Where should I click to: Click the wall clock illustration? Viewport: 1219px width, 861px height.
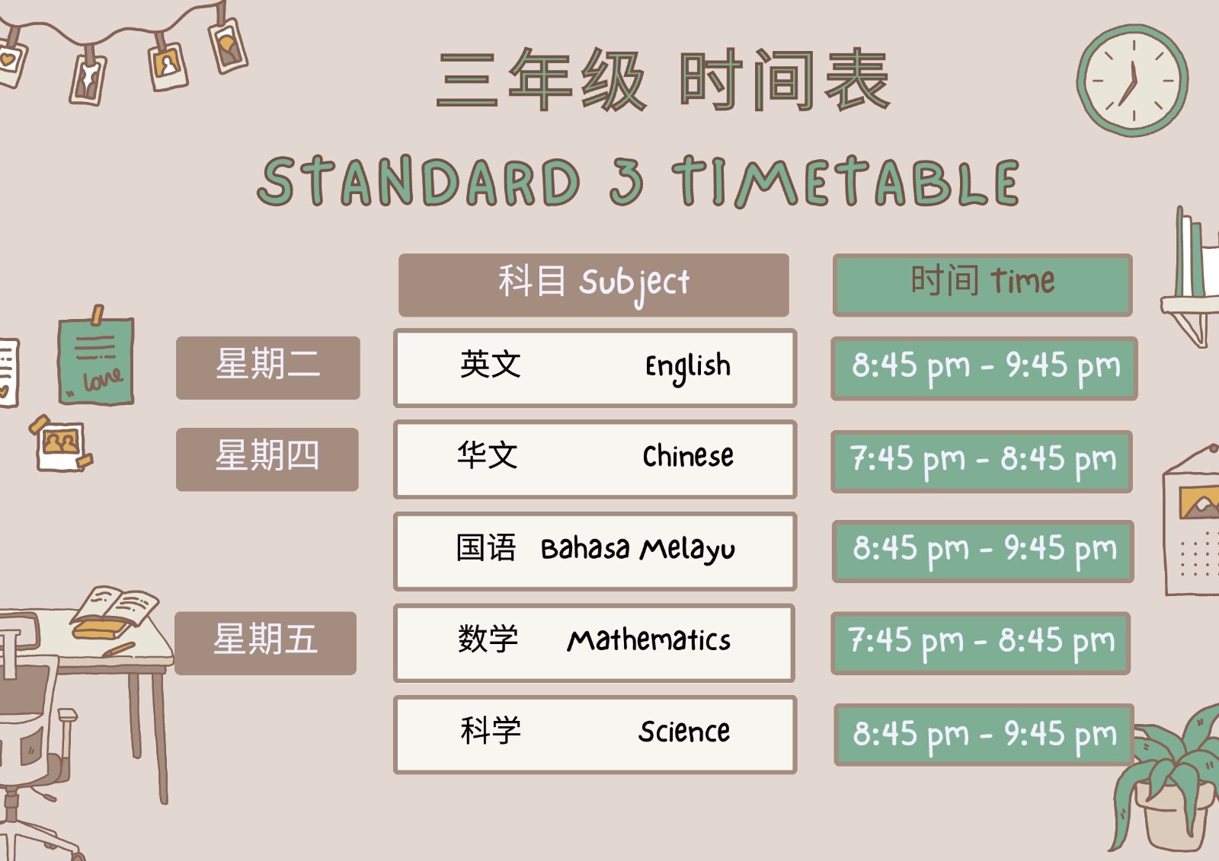(x=1132, y=81)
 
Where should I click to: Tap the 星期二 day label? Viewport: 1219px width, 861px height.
(x=267, y=368)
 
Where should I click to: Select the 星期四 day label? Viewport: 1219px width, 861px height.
(x=267, y=459)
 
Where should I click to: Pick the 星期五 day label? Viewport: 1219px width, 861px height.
(x=266, y=643)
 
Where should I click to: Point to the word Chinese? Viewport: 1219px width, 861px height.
(x=688, y=455)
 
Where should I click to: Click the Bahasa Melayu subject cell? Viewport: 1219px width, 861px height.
(x=595, y=551)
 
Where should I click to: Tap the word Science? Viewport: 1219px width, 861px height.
(x=684, y=731)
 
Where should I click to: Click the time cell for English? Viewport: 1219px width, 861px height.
(x=984, y=368)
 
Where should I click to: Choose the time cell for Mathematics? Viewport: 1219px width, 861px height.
(x=981, y=643)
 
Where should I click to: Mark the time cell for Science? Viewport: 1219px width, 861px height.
(x=984, y=735)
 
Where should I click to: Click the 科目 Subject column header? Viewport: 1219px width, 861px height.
(x=594, y=285)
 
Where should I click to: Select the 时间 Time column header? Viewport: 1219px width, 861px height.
(x=982, y=285)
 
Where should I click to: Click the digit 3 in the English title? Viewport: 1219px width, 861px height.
(x=626, y=180)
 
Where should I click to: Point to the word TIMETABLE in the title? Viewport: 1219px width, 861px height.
(x=846, y=181)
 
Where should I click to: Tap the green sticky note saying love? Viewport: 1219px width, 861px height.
(x=96, y=359)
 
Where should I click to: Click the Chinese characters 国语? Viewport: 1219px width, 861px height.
(x=485, y=547)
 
